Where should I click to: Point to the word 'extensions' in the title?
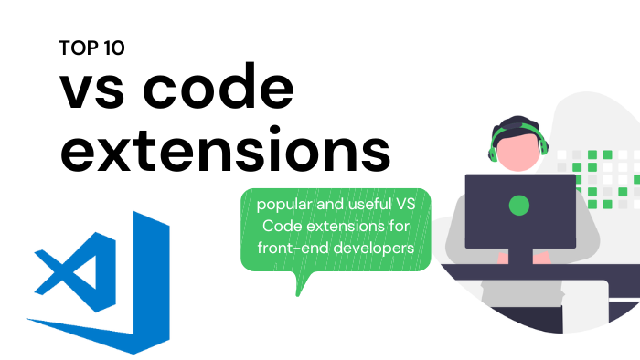click(x=224, y=151)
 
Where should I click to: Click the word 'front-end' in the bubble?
click(x=293, y=248)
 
